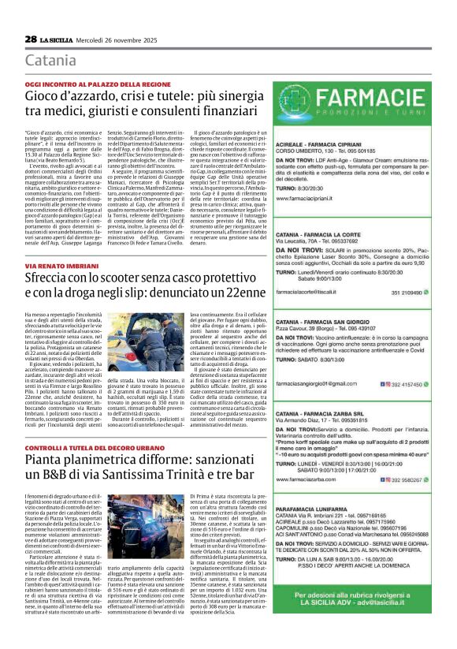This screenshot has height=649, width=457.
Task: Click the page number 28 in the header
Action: coord(31,39)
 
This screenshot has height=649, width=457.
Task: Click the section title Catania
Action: coord(51,61)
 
